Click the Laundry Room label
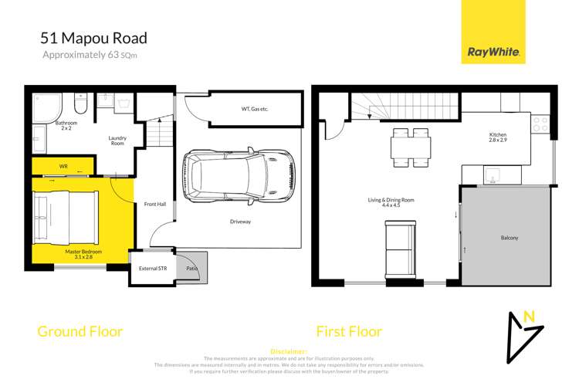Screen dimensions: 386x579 (117, 141)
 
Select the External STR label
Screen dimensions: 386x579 (152, 269)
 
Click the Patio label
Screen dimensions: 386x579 (191, 268)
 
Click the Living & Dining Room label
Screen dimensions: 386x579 (391, 202)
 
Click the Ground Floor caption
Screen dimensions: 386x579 (80, 332)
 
